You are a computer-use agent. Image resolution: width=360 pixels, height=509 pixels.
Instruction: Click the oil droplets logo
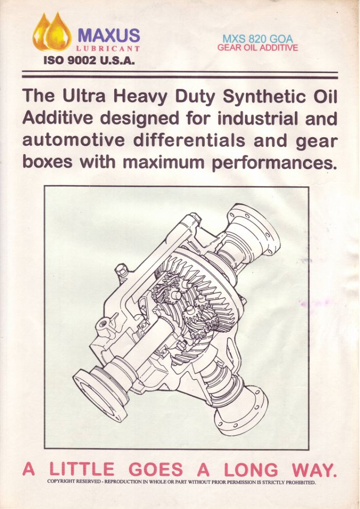pos(52,31)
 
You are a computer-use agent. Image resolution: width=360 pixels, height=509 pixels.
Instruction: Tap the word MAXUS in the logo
pos(109,35)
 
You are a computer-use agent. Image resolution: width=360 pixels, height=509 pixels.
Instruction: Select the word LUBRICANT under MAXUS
pos(108,49)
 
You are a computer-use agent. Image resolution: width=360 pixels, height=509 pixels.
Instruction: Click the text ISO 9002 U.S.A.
pos(89,60)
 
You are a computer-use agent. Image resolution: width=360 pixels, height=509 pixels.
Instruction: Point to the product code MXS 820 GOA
pos(258,39)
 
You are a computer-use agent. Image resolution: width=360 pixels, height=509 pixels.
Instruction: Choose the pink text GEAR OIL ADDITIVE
pos(258,48)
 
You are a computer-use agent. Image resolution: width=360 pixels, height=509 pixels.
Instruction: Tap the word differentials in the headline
pos(189,140)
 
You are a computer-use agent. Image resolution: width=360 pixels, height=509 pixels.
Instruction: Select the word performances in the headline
pos(273,163)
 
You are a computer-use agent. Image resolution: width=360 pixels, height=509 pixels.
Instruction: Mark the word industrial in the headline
pos(258,118)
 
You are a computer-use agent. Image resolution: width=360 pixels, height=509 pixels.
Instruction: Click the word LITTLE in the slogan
pos(82,469)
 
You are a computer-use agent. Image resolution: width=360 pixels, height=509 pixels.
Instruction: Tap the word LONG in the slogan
pos(251,469)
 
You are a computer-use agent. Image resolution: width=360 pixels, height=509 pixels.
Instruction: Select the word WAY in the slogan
pos(312,469)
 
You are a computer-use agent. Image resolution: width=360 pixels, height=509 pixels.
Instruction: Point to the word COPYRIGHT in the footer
pos(61,481)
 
